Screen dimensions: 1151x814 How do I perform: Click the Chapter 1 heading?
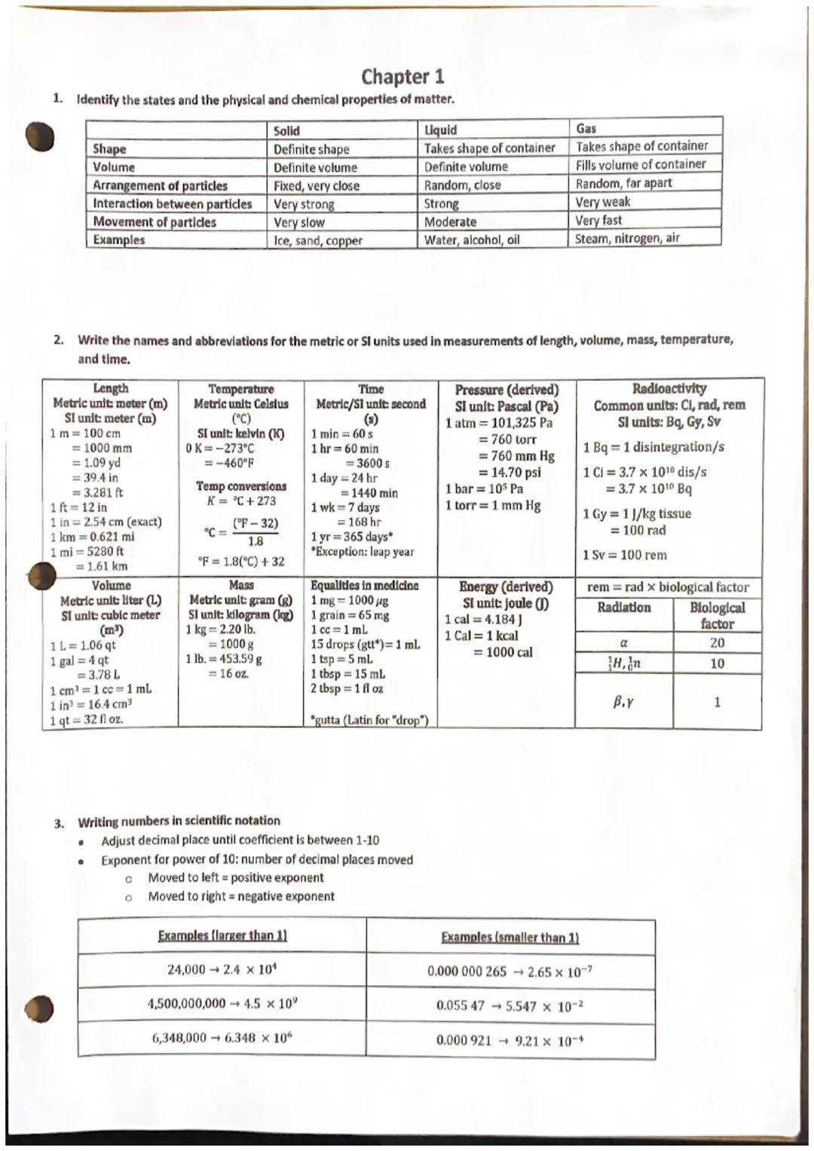(x=402, y=76)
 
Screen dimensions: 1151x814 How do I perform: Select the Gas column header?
(x=586, y=128)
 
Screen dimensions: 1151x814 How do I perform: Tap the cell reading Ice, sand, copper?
(x=317, y=240)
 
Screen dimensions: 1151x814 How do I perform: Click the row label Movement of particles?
(x=155, y=222)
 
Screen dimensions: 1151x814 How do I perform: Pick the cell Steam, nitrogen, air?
(x=627, y=238)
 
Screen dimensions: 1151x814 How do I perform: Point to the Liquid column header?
(x=440, y=130)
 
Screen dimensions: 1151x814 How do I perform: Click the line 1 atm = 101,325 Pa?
(x=499, y=423)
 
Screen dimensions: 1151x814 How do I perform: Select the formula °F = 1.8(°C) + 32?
(x=240, y=562)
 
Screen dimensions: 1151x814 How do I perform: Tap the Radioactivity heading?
(x=669, y=389)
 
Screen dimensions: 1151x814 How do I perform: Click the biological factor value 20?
(x=717, y=643)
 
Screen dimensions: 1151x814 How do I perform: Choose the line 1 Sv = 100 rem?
(x=624, y=555)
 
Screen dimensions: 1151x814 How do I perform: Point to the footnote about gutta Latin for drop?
(x=369, y=720)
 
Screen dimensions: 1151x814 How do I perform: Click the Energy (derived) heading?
(x=506, y=586)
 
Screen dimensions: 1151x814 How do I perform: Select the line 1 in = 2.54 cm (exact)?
(x=106, y=522)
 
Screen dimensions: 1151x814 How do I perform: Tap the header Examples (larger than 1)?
(x=222, y=935)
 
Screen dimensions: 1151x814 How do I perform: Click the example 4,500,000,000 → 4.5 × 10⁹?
(x=223, y=1003)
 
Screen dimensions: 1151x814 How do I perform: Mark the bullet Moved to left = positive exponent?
(x=235, y=877)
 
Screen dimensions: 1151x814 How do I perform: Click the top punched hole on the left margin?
(x=40, y=137)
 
